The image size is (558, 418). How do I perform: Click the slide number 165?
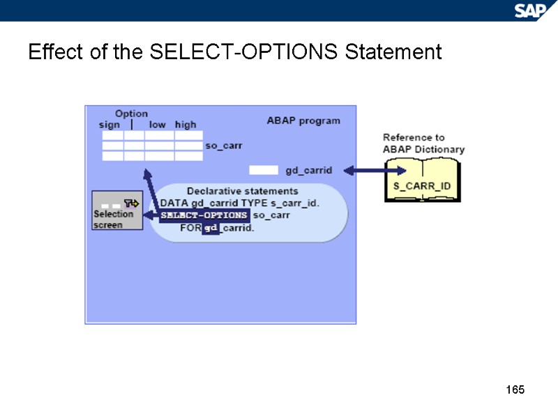[x=515, y=389]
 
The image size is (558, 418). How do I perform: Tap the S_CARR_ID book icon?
[x=423, y=180]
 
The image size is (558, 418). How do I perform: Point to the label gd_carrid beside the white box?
[x=309, y=170]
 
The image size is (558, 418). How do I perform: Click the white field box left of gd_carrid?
[x=264, y=170]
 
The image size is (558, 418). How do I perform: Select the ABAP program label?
[x=303, y=121]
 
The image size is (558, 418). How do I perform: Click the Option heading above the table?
[x=131, y=114]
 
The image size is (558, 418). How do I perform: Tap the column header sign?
[x=109, y=125]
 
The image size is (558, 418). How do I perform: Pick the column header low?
[x=157, y=125]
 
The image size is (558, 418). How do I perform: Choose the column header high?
[x=186, y=125]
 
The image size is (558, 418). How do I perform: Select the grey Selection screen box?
[x=117, y=210]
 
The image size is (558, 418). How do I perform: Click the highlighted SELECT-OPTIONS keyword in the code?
[x=204, y=215]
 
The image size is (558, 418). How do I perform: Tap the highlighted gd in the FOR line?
[x=211, y=228]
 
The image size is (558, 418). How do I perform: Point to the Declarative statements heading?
[x=242, y=191]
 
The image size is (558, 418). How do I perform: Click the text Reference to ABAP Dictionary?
[x=423, y=144]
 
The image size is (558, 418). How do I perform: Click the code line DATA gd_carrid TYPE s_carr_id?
[x=240, y=203]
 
